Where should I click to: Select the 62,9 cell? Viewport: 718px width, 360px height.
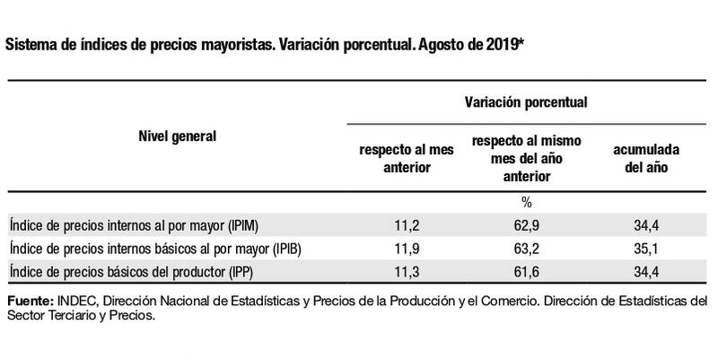[x=526, y=224]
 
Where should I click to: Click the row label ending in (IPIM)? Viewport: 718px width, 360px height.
[x=134, y=224]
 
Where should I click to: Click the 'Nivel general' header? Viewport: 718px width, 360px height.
[x=177, y=136]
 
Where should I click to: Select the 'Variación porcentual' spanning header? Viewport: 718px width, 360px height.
[x=526, y=102]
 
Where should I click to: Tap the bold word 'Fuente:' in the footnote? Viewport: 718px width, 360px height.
[x=29, y=299]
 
